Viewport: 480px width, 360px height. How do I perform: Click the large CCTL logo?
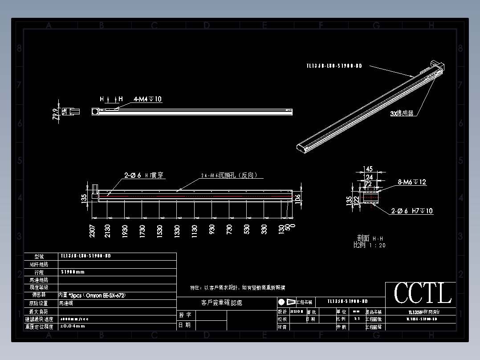pos(422,294)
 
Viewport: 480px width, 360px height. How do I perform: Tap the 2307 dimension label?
pos(92,231)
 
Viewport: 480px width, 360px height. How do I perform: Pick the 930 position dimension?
pos(212,230)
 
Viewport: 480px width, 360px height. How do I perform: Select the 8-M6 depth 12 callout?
pos(412,182)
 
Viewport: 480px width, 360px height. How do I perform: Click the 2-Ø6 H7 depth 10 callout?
pos(412,211)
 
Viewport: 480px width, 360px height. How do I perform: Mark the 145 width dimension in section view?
pos(369,169)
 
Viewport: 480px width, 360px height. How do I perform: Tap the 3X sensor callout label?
pos(402,114)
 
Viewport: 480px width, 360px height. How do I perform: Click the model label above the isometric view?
pos(334,66)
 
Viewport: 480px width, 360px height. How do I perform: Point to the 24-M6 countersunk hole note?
pos(229,176)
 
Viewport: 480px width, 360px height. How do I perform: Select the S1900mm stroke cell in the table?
pos(73,272)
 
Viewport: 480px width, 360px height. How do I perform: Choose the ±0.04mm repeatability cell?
pos(72,326)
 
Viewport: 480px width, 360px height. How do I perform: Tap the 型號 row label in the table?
pos(40,257)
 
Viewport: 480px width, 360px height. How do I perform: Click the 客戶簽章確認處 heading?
pos(222,303)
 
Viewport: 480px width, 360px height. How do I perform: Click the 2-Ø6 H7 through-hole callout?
pos(144,176)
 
